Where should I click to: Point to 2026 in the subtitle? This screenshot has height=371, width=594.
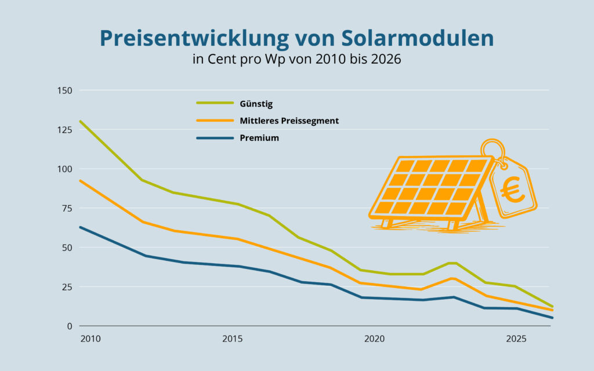(x=386, y=60)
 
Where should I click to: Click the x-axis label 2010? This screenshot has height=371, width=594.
(x=90, y=339)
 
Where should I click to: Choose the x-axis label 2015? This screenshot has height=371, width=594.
(x=233, y=339)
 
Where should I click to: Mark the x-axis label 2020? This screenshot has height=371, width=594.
(x=374, y=339)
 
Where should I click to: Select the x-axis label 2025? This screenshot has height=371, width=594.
(x=516, y=339)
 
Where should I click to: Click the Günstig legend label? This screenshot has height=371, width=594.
(x=256, y=104)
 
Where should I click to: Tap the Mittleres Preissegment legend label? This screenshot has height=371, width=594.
(x=289, y=121)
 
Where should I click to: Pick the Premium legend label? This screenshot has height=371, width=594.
(x=259, y=138)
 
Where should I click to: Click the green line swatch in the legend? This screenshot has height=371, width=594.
(x=215, y=104)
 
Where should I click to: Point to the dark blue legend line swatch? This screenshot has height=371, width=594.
(x=215, y=138)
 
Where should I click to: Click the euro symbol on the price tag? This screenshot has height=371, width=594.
(x=513, y=190)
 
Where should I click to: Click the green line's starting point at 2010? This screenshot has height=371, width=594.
(x=81, y=121)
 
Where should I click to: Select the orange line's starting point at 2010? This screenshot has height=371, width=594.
(x=81, y=181)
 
